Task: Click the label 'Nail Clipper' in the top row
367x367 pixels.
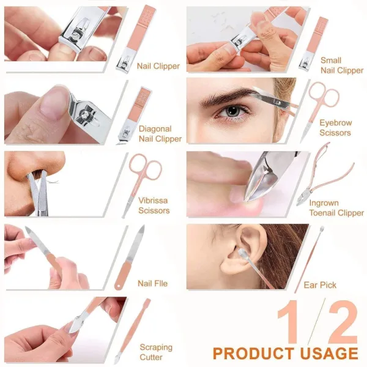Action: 158,66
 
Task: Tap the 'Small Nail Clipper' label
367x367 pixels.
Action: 341,65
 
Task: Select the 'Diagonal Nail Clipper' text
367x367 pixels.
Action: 160,134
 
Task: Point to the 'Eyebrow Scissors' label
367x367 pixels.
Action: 335,128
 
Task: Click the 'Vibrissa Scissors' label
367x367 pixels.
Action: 154,206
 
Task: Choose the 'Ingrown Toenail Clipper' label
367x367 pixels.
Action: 336,208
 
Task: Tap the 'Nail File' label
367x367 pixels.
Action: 152,283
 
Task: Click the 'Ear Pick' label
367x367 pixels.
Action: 336,285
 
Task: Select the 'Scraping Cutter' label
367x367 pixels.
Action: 152,352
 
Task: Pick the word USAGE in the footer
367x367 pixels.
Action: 327,354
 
